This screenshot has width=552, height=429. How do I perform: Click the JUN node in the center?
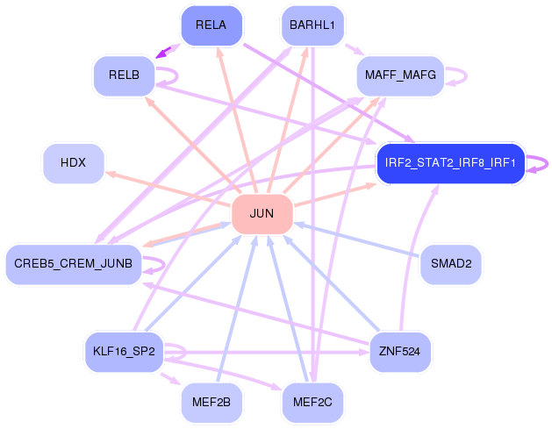[x=262, y=214]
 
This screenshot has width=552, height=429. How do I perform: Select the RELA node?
[x=211, y=25]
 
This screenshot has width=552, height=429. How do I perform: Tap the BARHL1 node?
[x=312, y=25]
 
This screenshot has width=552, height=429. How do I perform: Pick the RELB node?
[x=125, y=75]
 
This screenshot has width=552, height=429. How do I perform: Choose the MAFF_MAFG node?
[x=400, y=75]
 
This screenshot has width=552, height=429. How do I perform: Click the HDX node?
[x=74, y=163]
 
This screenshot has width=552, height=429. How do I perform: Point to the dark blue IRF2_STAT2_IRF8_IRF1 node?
[x=450, y=163]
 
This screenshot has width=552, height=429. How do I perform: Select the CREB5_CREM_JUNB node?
[x=74, y=264]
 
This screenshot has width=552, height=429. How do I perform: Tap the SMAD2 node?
[x=451, y=264]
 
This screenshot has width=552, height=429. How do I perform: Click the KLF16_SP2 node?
[x=125, y=352]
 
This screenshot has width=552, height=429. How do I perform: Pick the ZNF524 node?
[x=400, y=352]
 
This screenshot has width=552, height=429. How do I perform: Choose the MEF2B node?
[x=211, y=403]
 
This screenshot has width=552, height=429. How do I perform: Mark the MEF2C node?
[x=312, y=403]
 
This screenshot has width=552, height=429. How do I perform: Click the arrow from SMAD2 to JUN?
[x=357, y=240]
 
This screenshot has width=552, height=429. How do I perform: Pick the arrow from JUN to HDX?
[x=168, y=189]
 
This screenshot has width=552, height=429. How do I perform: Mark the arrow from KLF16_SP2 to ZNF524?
[x=267, y=352]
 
